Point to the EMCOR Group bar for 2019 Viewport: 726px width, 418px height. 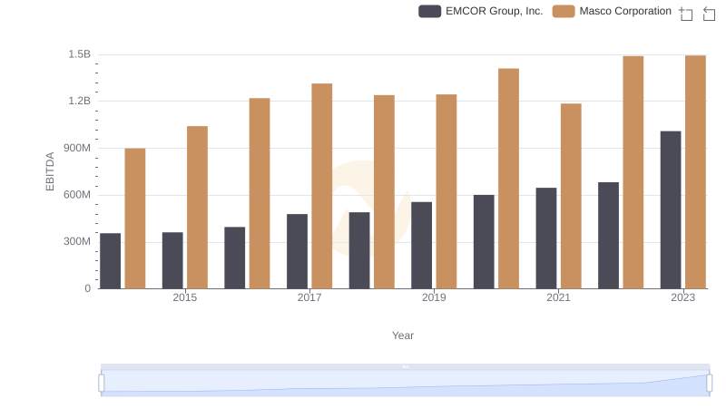pyautogui.click(x=421, y=245)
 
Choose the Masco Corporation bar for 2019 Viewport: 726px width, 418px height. pyautogui.click(x=446, y=191)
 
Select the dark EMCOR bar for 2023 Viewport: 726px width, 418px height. pyautogui.click(x=671, y=209)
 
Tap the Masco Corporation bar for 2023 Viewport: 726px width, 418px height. pyautogui.click(x=695, y=172)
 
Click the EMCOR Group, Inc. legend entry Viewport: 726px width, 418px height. pyautogui.click(x=481, y=11)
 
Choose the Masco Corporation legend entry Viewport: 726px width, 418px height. pyautogui.click(x=613, y=11)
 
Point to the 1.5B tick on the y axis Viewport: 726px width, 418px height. pyautogui.click(x=79, y=54)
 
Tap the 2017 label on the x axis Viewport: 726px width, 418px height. pyautogui.click(x=309, y=297)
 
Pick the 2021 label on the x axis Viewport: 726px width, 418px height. pyautogui.click(x=558, y=297)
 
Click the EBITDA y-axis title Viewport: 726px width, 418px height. pyautogui.click(x=51, y=171)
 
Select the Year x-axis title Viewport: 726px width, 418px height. pyautogui.click(x=403, y=335)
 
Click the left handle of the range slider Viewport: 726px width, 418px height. pyautogui.click(x=102, y=384)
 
